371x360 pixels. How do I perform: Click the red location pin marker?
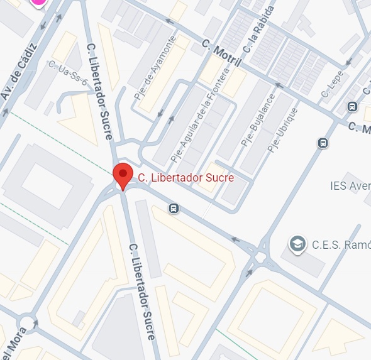click(x=122, y=175)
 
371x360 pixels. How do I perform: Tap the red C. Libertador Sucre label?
click(x=185, y=178)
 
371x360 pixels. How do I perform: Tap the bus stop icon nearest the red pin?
click(x=174, y=208)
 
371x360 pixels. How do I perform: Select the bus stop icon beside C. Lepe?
click(x=352, y=107)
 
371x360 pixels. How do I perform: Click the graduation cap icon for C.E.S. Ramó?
click(x=297, y=244)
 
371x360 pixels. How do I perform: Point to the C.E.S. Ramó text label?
click(x=340, y=245)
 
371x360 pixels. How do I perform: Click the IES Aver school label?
click(x=350, y=186)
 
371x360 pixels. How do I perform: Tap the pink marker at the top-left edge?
click(x=39, y=2)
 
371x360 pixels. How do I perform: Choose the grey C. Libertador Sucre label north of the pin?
click(x=99, y=82)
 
